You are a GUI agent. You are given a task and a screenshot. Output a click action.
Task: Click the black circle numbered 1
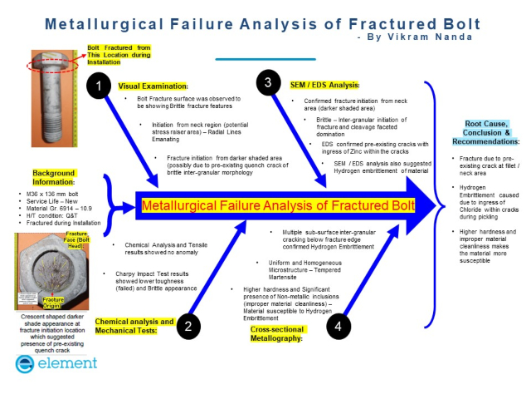tap(100, 86)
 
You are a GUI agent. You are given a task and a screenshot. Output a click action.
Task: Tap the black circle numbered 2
tap(188, 326)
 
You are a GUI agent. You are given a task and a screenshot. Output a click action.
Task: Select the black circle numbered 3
tap(268, 82)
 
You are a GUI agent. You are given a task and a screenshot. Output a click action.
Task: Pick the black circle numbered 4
tap(338, 326)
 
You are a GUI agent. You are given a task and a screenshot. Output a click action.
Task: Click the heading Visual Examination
tap(153, 86)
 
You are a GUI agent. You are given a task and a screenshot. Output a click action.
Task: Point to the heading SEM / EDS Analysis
tap(324, 85)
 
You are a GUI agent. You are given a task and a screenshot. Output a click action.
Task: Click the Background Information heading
tap(53, 178)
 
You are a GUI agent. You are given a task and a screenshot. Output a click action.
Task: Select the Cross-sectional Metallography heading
tap(277, 334)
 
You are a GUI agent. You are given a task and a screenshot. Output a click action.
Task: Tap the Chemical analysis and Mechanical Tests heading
tap(134, 326)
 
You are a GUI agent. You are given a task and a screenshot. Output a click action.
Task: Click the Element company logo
tap(56, 362)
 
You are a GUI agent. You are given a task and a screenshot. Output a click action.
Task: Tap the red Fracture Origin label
tap(54, 302)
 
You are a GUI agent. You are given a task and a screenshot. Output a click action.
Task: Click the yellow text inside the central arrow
tap(278, 205)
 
